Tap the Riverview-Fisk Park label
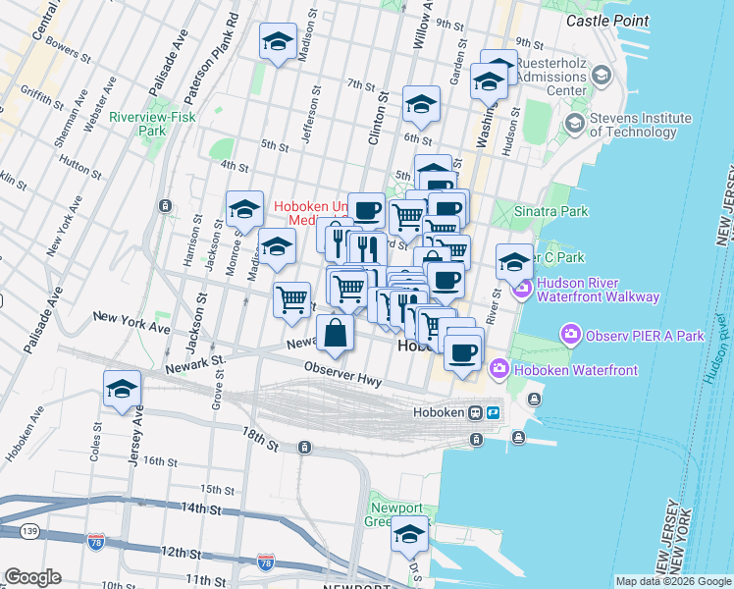(x=152, y=122)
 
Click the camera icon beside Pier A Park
(x=569, y=336)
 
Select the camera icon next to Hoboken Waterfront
(x=499, y=370)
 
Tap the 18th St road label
(x=260, y=438)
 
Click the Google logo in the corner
(x=32, y=576)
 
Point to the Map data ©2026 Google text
(x=672, y=581)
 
